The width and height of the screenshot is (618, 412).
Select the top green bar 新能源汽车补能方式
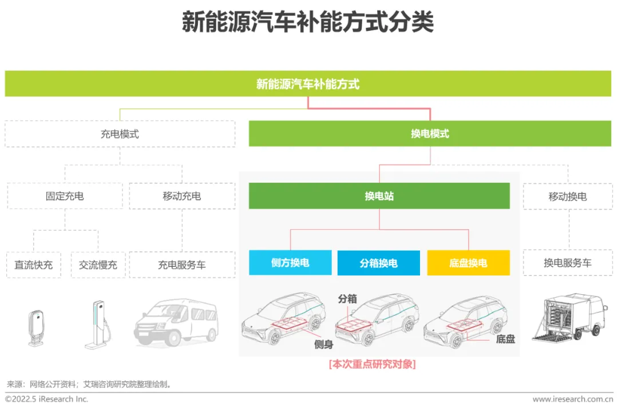[x=308, y=84]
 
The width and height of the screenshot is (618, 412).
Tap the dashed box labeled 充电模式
[x=120, y=134]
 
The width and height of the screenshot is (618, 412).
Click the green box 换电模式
[x=430, y=134]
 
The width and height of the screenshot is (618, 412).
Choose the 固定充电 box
[x=65, y=196]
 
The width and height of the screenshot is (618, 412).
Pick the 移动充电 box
[x=182, y=196]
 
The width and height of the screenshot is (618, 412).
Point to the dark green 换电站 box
[x=379, y=196]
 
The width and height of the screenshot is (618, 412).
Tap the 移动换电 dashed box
[x=567, y=197]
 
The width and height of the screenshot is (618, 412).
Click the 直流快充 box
[x=34, y=265]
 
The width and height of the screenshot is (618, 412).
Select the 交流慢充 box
[x=98, y=265]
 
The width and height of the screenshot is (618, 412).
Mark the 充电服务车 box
[x=182, y=265]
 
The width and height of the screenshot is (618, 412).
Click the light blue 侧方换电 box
[x=290, y=263]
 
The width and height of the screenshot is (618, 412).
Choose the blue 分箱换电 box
[x=378, y=263]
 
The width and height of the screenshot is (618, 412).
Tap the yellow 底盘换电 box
[x=468, y=263]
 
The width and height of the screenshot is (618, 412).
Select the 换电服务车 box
[x=567, y=263]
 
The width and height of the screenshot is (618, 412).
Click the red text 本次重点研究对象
[x=372, y=364]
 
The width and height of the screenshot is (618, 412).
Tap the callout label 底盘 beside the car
[x=505, y=339]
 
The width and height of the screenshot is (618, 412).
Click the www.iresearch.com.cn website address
[x=573, y=399]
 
